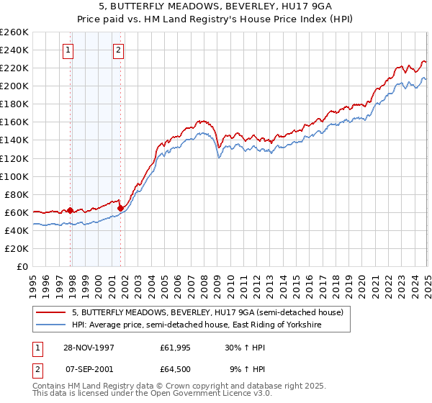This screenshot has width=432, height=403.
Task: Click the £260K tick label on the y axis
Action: [14, 32]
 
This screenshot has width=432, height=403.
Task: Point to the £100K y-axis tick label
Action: [14, 176]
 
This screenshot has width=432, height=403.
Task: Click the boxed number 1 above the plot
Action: [67, 50]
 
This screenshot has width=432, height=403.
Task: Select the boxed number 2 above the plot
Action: [117, 50]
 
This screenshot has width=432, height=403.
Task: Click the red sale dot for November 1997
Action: [71, 210]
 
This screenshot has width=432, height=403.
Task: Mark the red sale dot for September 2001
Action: [120, 209]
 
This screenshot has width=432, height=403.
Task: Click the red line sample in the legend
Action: [51, 313]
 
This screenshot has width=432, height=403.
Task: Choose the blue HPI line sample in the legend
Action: [51, 325]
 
